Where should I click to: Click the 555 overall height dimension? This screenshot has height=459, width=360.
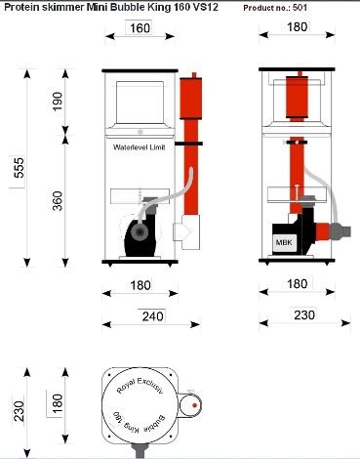[20, 168]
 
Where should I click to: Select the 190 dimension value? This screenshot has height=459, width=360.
[58, 102]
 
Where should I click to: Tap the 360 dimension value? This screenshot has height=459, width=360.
[58, 201]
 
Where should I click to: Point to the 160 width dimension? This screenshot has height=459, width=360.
[140, 28]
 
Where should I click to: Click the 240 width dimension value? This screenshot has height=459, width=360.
[152, 316]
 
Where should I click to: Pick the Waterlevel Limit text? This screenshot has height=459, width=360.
[140, 147]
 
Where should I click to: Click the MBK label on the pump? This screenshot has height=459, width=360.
[284, 242]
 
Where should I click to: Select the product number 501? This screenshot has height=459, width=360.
[300, 8]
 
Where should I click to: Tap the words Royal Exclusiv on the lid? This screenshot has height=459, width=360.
[140, 385]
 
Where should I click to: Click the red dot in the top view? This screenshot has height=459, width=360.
[194, 405]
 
